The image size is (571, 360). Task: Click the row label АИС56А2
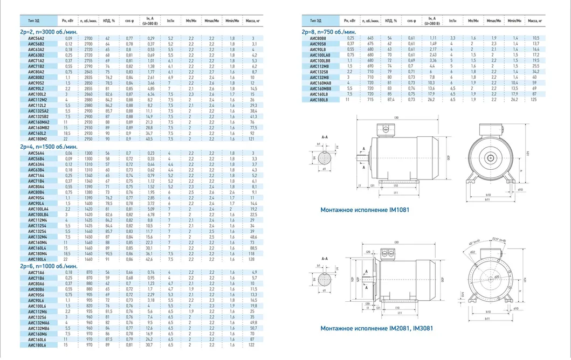36,39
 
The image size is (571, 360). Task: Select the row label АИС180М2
36,139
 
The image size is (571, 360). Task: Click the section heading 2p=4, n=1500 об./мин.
48,146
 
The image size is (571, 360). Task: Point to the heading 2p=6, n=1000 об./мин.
48,266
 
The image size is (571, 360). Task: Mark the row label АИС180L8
318,100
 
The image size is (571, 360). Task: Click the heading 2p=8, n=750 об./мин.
331,32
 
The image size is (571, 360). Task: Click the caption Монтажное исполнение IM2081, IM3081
369,328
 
